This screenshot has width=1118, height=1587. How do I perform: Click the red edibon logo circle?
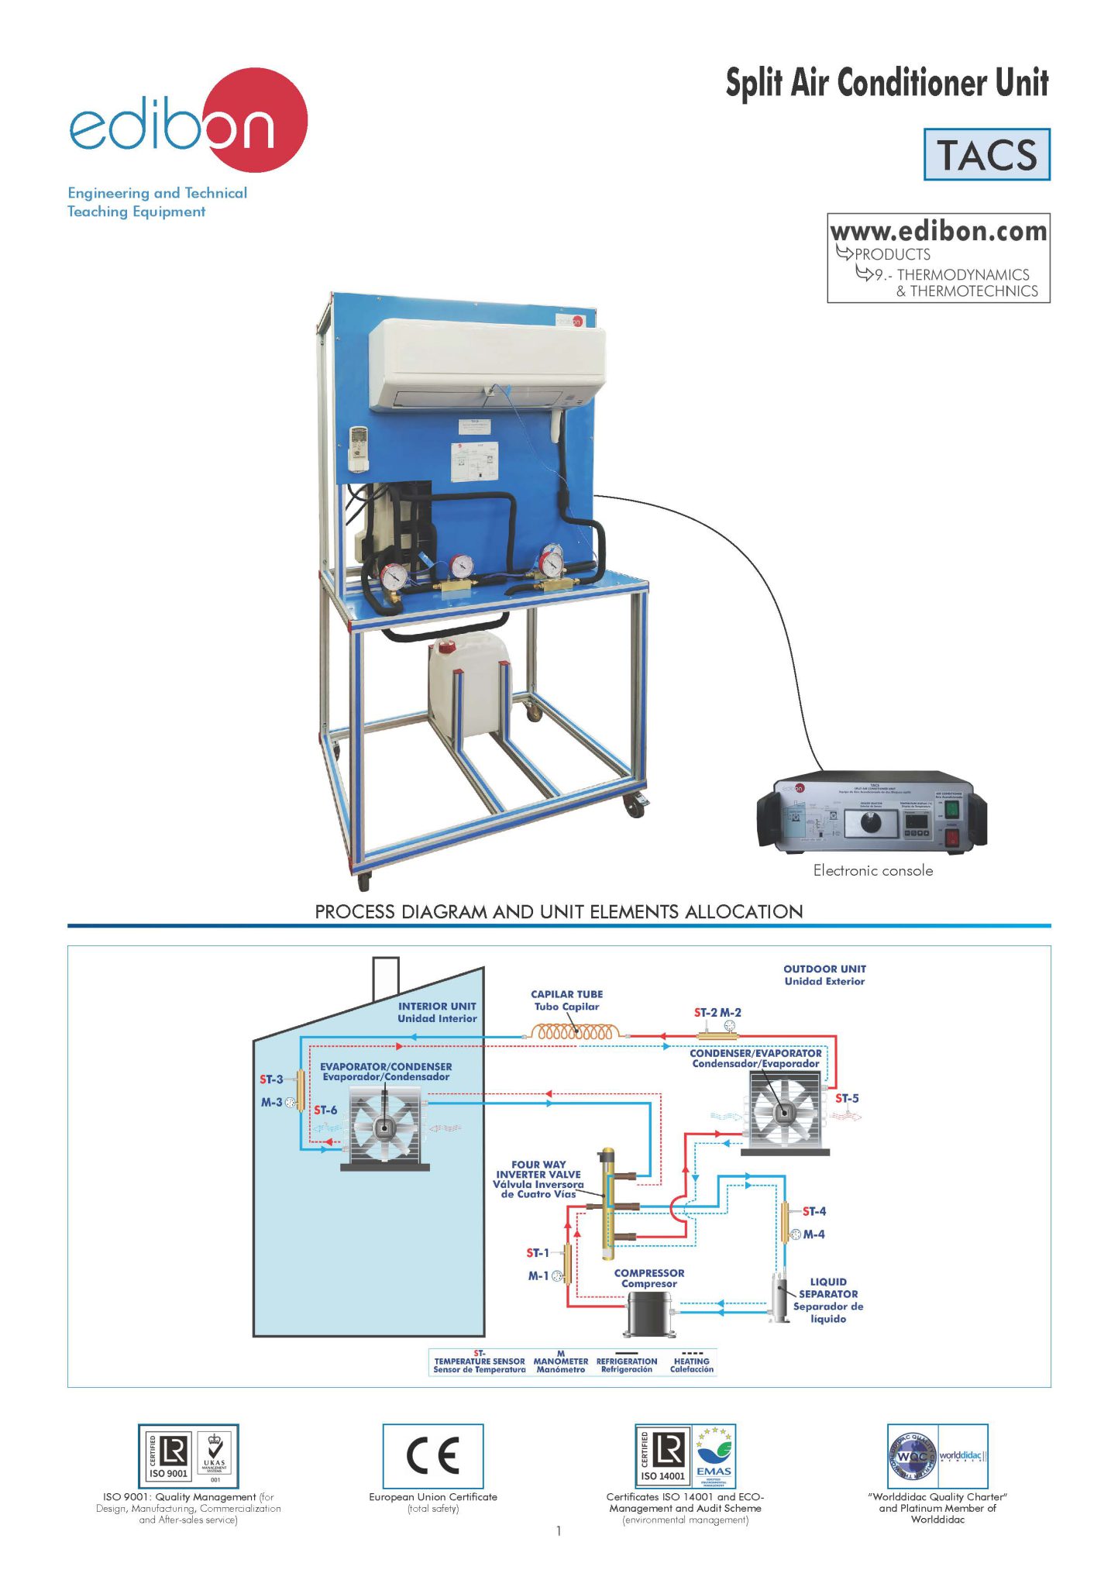(256, 120)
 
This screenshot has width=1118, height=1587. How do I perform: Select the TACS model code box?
(986, 155)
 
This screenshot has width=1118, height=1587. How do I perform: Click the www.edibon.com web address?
(938, 231)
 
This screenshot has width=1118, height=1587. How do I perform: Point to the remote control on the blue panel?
(359, 449)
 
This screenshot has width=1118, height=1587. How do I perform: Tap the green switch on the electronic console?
(952, 810)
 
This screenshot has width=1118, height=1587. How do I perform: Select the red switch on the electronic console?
(952, 838)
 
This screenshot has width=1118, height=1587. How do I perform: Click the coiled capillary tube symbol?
(575, 1033)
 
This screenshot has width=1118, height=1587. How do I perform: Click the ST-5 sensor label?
(847, 1098)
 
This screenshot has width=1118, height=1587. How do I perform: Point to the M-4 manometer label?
(814, 1234)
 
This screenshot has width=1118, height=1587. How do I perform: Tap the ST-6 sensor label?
(325, 1110)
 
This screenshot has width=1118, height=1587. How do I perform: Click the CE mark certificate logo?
(433, 1456)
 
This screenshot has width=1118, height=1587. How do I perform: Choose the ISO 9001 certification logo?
(188, 1456)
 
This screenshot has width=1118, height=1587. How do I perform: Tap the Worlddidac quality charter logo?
(937, 1456)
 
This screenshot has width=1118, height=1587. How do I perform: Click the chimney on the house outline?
(386, 978)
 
